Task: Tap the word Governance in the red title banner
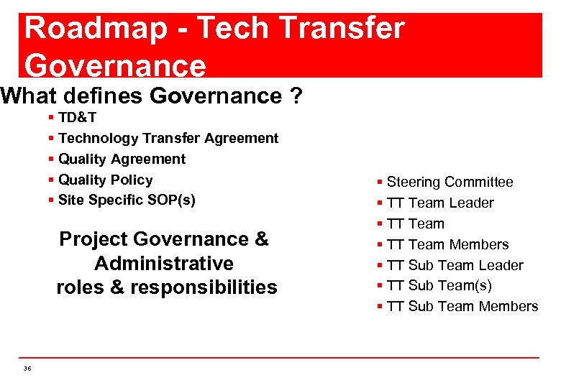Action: point(115,65)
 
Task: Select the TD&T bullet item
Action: point(77,117)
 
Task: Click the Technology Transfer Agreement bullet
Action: point(168,138)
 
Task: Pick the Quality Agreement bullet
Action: point(122,159)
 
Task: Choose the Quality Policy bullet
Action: point(105,180)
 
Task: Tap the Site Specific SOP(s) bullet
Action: point(126,200)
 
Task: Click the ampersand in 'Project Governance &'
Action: point(261,239)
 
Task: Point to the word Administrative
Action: point(164,263)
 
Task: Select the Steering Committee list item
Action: point(450,182)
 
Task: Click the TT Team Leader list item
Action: point(439,203)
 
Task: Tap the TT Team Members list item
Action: point(447,244)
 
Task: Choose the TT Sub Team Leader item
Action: point(455,265)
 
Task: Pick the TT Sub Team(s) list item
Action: point(439,285)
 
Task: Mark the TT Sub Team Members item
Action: point(462,306)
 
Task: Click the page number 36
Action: point(27,368)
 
